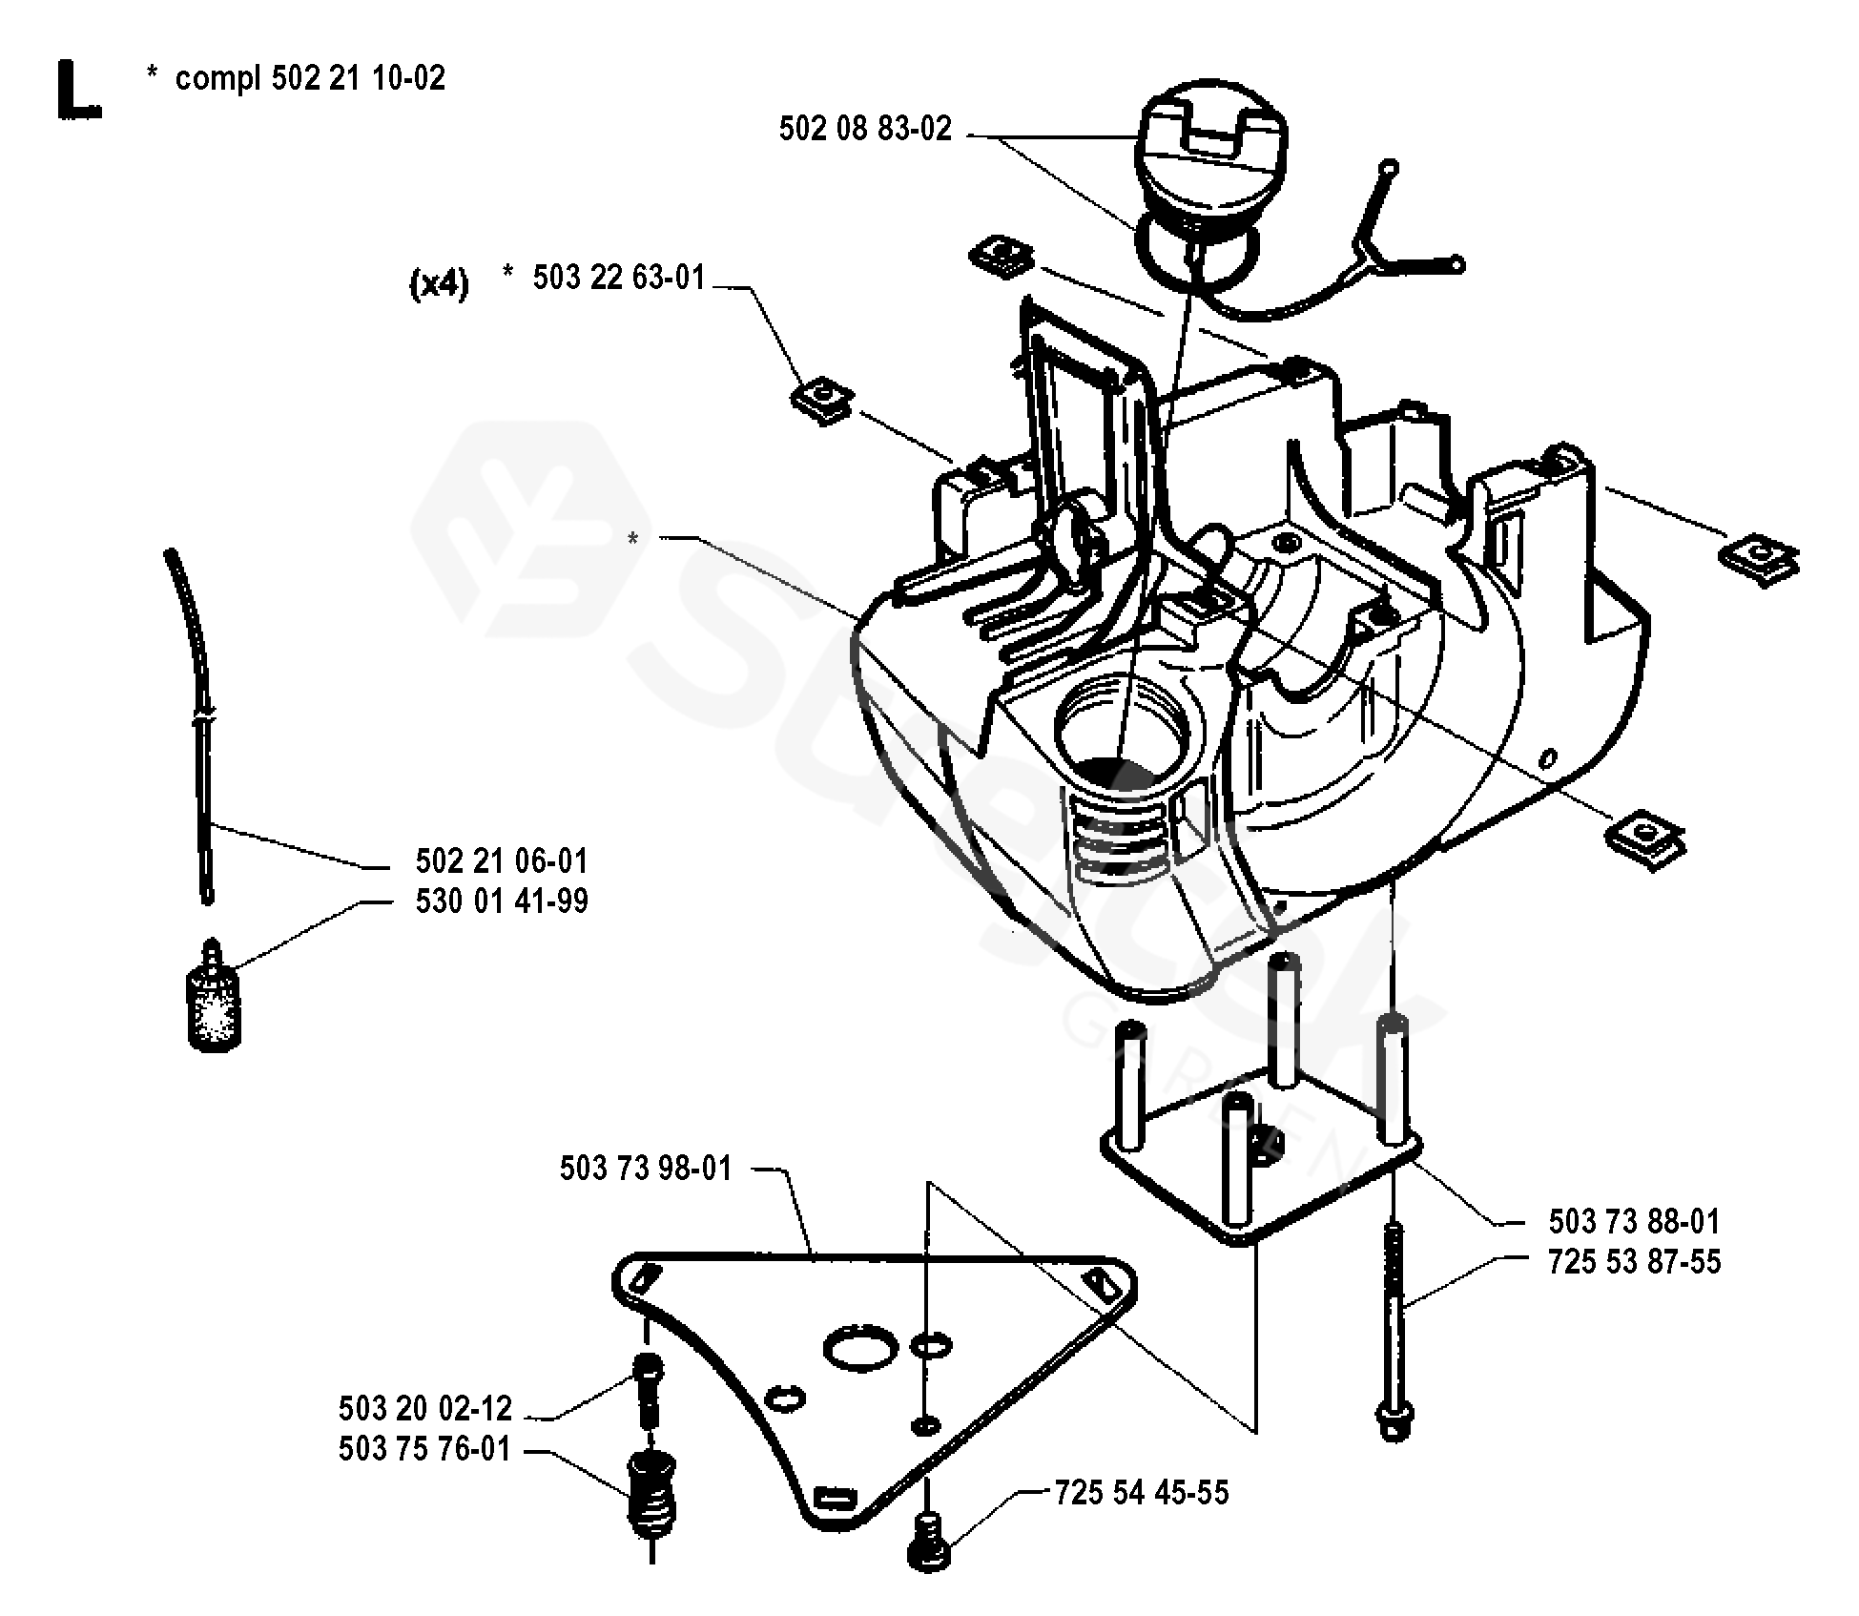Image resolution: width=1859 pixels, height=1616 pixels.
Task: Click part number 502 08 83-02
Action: coord(864,129)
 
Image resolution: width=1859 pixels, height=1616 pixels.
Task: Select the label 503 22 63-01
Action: coord(618,278)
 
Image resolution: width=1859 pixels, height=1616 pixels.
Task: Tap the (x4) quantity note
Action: coord(439,283)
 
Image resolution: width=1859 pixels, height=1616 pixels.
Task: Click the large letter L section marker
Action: coord(78,90)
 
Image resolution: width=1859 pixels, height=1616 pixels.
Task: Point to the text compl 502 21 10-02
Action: coord(310,77)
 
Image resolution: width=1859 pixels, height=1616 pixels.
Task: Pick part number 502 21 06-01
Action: coord(502,861)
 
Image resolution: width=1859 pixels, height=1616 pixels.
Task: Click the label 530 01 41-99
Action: coord(502,901)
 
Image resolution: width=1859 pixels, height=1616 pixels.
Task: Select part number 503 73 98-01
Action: coord(646,1169)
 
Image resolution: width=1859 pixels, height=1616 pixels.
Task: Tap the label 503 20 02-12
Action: coord(424,1409)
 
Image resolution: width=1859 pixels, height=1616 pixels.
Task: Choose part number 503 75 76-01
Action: coord(424,1449)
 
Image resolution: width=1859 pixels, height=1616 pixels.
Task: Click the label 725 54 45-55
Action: coord(1142,1492)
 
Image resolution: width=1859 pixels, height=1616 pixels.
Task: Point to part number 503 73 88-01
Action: coord(1634,1222)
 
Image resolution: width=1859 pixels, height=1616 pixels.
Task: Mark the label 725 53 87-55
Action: coord(1634,1262)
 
